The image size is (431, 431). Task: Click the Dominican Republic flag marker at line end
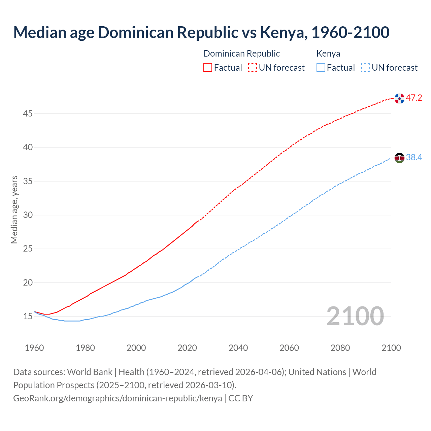pyautogui.click(x=399, y=98)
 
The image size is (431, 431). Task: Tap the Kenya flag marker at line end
pyautogui.click(x=399, y=158)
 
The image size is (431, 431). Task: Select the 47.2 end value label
pyautogui.click(x=414, y=98)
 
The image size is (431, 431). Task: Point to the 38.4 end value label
pyautogui.click(x=414, y=157)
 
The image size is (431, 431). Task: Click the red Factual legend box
pyautogui.click(x=208, y=68)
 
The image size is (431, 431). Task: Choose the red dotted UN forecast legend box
pyautogui.click(x=253, y=68)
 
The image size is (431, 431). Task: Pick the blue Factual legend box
pyautogui.click(x=321, y=68)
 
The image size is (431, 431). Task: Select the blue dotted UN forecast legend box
pyautogui.click(x=365, y=68)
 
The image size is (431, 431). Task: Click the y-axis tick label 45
pyautogui.click(x=28, y=114)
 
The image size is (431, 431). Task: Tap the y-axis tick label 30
pyautogui.click(x=28, y=215)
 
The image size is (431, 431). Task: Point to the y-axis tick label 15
pyautogui.click(x=28, y=317)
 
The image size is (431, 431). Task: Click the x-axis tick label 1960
pyautogui.click(x=34, y=348)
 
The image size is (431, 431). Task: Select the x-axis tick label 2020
pyautogui.click(x=187, y=348)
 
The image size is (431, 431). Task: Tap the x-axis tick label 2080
pyautogui.click(x=340, y=348)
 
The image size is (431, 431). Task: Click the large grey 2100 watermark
pyautogui.click(x=355, y=316)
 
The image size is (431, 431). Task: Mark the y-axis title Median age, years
pyautogui.click(x=14, y=209)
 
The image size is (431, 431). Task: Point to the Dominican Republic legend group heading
pyautogui.click(x=241, y=54)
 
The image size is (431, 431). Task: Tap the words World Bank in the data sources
pyautogui.click(x=90, y=372)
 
